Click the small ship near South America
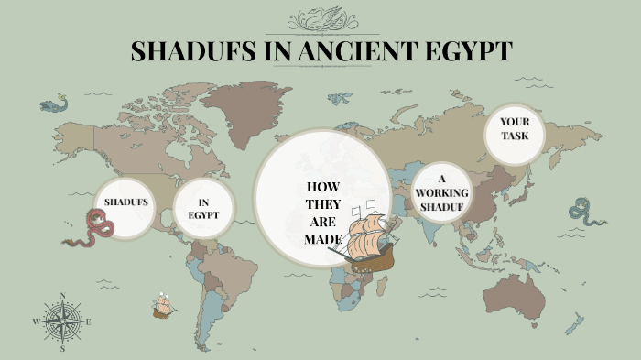[x=164, y=306]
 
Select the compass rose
[x=62, y=322]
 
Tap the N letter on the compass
[x=62, y=296]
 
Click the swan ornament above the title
[x=320, y=18]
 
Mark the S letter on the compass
[x=62, y=349]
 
